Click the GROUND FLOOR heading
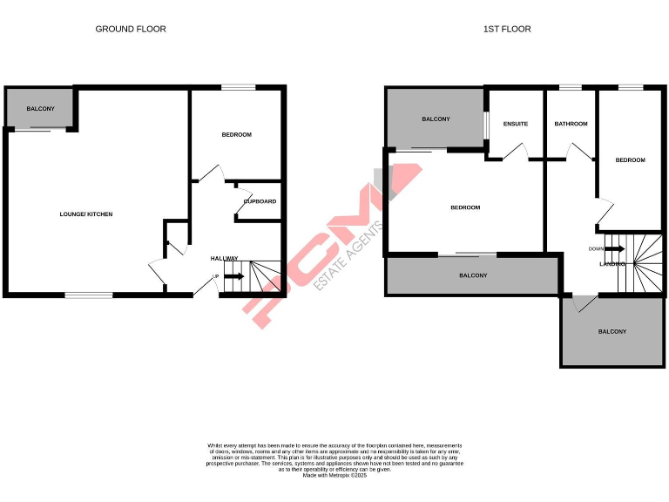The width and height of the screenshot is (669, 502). coord(131,29)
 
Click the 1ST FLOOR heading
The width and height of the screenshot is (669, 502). coord(507,29)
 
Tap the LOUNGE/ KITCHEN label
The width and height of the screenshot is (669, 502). coord(85,214)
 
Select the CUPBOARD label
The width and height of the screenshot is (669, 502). coord(260,201)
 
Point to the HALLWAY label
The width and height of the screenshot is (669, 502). coord(224,258)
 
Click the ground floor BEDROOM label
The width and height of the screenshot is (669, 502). coord(236,134)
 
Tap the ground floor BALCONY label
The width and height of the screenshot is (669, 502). coord(40,108)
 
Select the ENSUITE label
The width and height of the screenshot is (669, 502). coord(516,124)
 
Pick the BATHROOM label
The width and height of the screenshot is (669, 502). coord(571,124)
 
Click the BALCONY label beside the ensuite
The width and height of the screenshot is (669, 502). coord(436,119)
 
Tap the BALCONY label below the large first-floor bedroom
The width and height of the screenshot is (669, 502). coord(473,275)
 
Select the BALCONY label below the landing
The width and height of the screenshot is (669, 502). coord(612,331)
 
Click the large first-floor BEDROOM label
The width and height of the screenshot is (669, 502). coord(465,207)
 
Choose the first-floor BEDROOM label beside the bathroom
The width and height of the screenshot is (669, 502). coord(630,159)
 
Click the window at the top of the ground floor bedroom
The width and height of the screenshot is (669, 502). coord(238,86)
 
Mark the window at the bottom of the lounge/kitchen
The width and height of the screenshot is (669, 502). coord(89,295)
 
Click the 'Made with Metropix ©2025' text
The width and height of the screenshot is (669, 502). coord(334,475)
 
